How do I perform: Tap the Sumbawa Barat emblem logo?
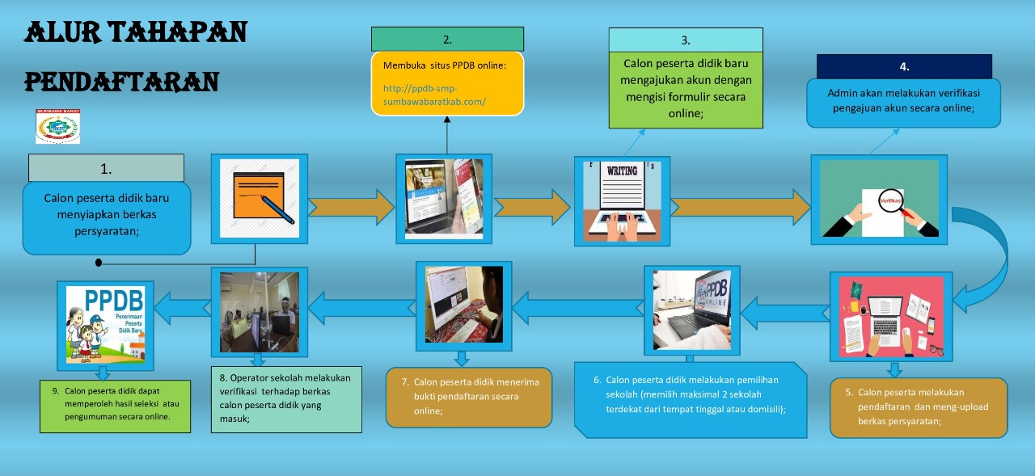[57, 126]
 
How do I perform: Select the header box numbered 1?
[106, 168]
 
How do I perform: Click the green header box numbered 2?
[447, 39]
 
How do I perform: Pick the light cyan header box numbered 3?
[685, 40]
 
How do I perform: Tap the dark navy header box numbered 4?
[903, 66]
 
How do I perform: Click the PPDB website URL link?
[434, 95]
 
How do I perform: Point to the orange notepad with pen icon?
[259, 198]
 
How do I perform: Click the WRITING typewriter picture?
[622, 200]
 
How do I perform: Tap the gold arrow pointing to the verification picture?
[740, 208]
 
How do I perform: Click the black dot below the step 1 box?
[99, 263]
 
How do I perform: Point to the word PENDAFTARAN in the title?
[121, 82]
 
